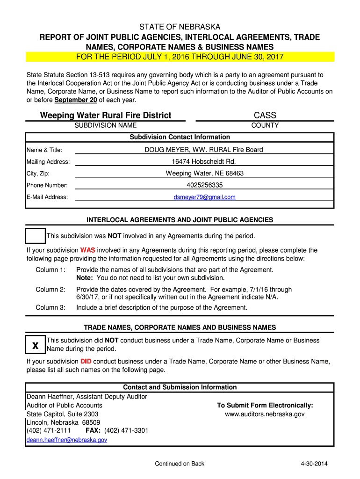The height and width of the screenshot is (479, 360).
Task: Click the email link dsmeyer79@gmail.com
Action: [204, 197]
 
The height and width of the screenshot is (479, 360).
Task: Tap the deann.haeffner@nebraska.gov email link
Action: [67, 440]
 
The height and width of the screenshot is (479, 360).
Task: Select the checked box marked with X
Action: [35, 345]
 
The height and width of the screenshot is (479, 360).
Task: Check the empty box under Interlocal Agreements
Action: [35, 236]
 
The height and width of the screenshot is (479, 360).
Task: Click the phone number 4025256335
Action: [204, 185]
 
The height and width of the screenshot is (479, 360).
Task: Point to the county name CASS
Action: [265, 115]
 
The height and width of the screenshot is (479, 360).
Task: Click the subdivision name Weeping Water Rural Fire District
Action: [106, 115]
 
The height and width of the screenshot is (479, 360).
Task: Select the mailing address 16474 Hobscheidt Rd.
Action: [204, 161]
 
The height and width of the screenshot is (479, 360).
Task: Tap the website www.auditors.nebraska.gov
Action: [265, 414]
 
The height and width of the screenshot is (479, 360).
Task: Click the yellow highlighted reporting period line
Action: [180, 57]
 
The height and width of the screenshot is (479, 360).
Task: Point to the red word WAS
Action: [87, 250]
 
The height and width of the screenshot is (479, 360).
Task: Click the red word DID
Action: [86, 361]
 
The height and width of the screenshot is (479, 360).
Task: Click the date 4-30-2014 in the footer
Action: [314, 464]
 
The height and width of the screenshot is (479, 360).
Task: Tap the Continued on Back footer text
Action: [180, 464]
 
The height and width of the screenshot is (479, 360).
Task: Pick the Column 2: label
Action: [50, 289]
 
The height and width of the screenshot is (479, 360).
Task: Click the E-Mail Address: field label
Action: [47, 197]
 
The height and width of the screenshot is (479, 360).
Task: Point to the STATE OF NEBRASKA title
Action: [180, 27]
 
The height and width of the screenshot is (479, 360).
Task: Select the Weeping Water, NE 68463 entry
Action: [204, 173]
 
